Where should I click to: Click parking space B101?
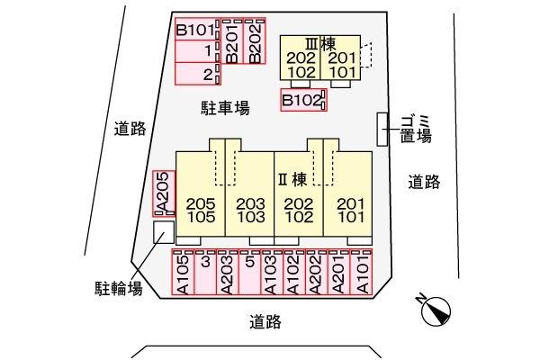198,30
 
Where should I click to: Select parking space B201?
232,41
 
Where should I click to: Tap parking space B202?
255,41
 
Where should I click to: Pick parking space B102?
303,100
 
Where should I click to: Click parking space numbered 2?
198,74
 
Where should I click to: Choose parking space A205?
164,193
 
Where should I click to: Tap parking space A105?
183,272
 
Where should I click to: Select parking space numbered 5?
249,272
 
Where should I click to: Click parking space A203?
228,272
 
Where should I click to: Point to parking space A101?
361,272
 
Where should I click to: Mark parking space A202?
317,272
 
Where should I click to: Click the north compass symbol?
436,310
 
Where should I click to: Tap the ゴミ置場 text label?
416,130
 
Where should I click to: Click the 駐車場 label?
225,108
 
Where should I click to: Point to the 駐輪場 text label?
119,288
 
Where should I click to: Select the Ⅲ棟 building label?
320,44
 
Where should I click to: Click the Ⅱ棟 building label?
292,179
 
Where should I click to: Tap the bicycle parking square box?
164,232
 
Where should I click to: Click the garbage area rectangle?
382,130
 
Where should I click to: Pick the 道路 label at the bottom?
265,322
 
